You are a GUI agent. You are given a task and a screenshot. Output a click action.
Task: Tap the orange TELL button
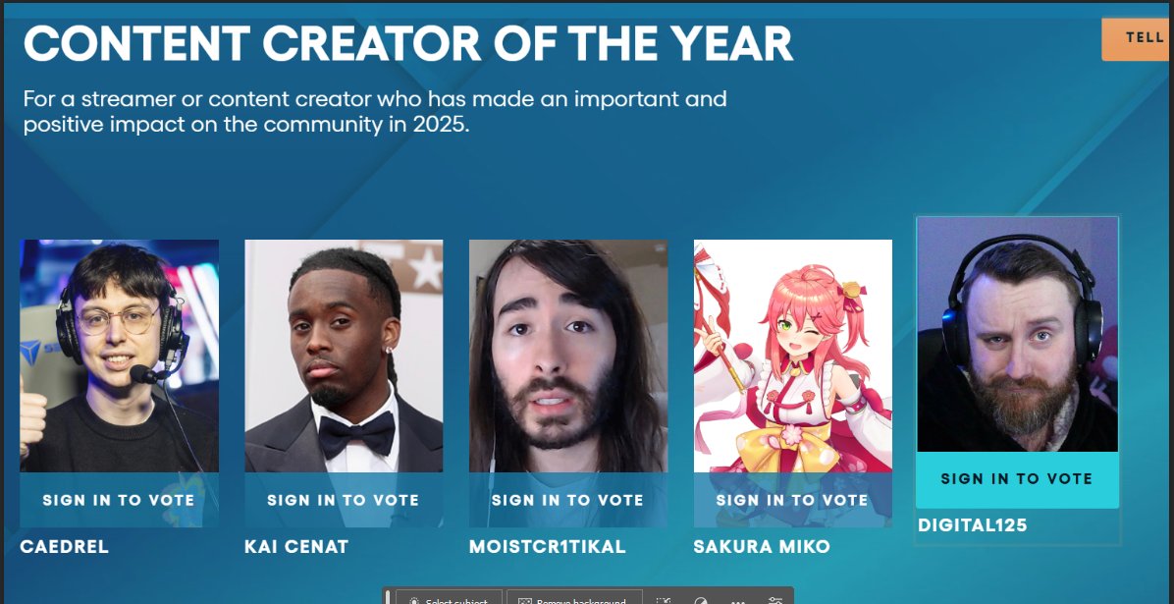[x=1140, y=38]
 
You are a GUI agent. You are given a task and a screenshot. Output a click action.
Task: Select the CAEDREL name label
[x=64, y=546]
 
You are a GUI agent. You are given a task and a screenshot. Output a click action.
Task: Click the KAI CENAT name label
[x=296, y=546]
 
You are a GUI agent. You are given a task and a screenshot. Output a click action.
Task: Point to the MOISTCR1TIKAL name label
[x=547, y=546]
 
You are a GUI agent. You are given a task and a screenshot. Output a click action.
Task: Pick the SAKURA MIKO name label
[x=762, y=546]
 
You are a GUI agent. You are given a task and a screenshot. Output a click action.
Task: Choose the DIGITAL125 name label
[x=973, y=525]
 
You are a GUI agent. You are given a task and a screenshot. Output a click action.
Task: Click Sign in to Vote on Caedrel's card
[x=119, y=500]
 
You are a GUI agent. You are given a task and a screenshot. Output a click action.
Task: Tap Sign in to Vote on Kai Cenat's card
[x=344, y=500]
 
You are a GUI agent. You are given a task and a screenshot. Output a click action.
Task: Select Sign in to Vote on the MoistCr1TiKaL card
[x=567, y=500]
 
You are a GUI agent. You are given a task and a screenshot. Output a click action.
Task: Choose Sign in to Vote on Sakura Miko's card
[x=792, y=500]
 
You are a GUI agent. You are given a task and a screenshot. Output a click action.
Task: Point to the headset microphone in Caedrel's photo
[x=142, y=374]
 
